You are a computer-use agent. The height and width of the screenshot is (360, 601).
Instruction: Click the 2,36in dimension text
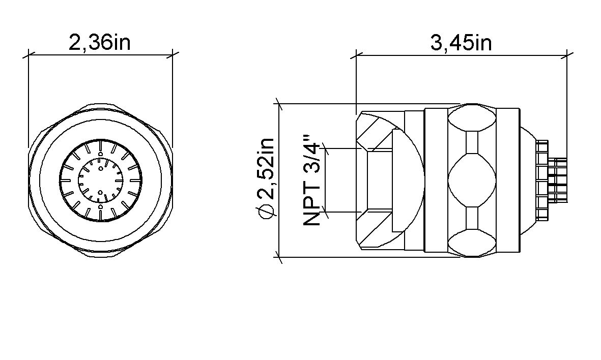coord(100,43)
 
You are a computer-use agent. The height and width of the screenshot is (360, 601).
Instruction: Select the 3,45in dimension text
coord(461,43)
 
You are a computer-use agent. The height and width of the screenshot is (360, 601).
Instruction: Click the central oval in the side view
coord(472,180)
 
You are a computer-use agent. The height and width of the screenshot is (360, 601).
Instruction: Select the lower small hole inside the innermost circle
coord(100,193)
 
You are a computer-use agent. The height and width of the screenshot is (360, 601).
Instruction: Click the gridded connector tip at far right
coord(559,180)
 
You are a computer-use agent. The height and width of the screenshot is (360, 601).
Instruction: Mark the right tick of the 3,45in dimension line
coord(567,52)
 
